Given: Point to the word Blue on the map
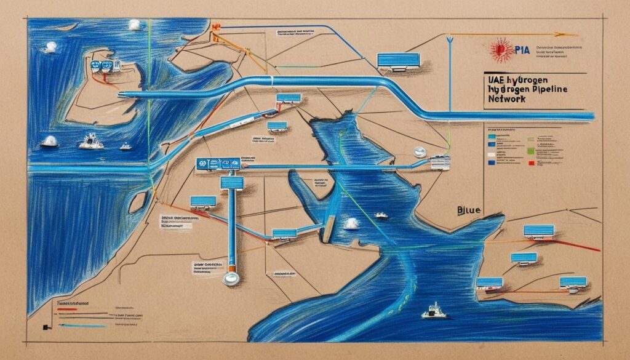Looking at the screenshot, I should (x=470, y=210).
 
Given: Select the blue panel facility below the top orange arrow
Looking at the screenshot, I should (x=397, y=60).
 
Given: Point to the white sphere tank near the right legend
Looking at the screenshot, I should (x=419, y=151).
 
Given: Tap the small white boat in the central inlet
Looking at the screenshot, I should (x=381, y=215).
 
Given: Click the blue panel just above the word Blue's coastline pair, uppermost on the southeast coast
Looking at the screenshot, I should (x=538, y=231).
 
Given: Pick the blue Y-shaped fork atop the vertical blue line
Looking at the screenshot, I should (x=450, y=40).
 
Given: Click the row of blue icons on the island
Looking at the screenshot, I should (x=103, y=65).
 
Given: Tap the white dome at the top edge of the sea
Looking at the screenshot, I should (x=134, y=25).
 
